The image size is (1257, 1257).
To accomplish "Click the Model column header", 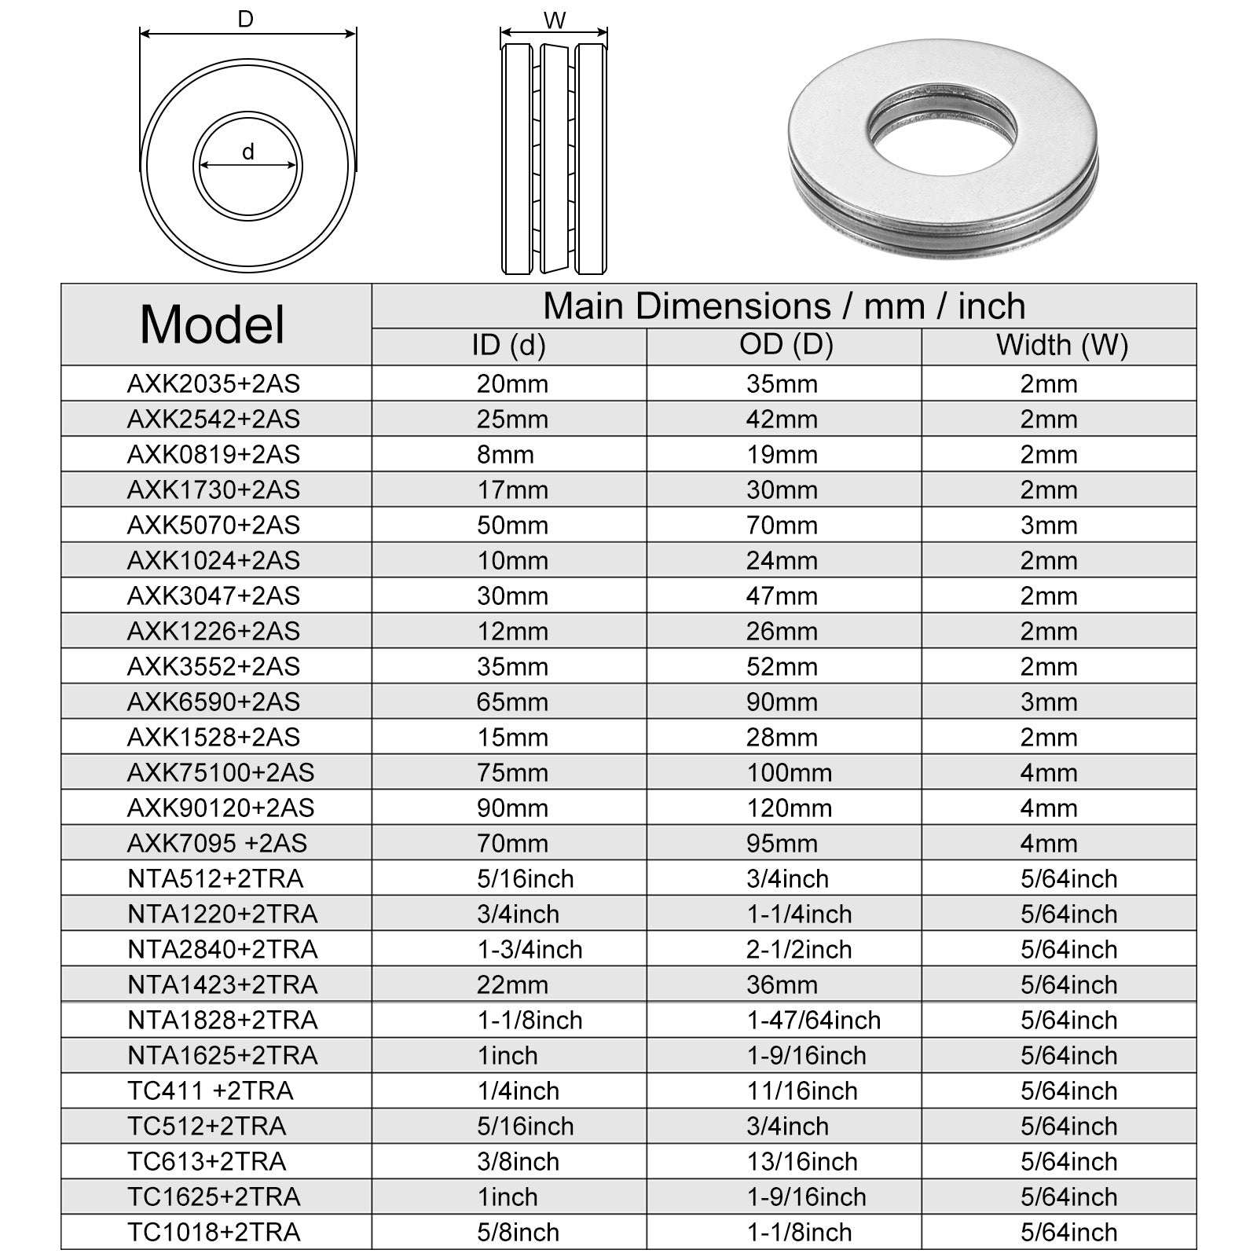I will click(212, 324).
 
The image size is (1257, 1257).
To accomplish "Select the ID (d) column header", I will click(508, 345).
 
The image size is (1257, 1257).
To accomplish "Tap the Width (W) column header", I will click(1061, 345).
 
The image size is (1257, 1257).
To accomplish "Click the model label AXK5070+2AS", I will click(214, 525).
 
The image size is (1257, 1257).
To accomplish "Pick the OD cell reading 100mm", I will click(789, 772).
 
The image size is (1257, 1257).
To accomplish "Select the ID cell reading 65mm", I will click(512, 702).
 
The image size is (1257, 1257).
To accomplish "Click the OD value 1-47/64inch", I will click(813, 1020).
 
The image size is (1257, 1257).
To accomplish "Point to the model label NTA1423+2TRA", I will click(222, 984).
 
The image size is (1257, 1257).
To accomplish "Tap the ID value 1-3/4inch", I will click(530, 949).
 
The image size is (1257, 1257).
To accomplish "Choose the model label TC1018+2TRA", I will click(214, 1232).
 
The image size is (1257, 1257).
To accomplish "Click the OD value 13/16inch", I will click(801, 1161).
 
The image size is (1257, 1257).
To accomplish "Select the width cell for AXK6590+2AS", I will click(1049, 702).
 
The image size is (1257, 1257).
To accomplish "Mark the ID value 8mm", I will click(505, 454).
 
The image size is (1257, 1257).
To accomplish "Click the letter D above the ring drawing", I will click(246, 20).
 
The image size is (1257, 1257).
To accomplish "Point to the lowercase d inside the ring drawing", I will click(248, 152).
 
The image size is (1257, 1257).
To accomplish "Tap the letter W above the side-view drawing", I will click(555, 21).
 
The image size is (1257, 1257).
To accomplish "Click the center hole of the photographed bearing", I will click(943, 134).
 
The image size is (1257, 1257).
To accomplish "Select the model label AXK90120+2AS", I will click(221, 808).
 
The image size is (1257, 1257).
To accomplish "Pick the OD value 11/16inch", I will click(801, 1090).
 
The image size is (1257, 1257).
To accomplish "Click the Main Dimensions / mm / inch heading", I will click(784, 306).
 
